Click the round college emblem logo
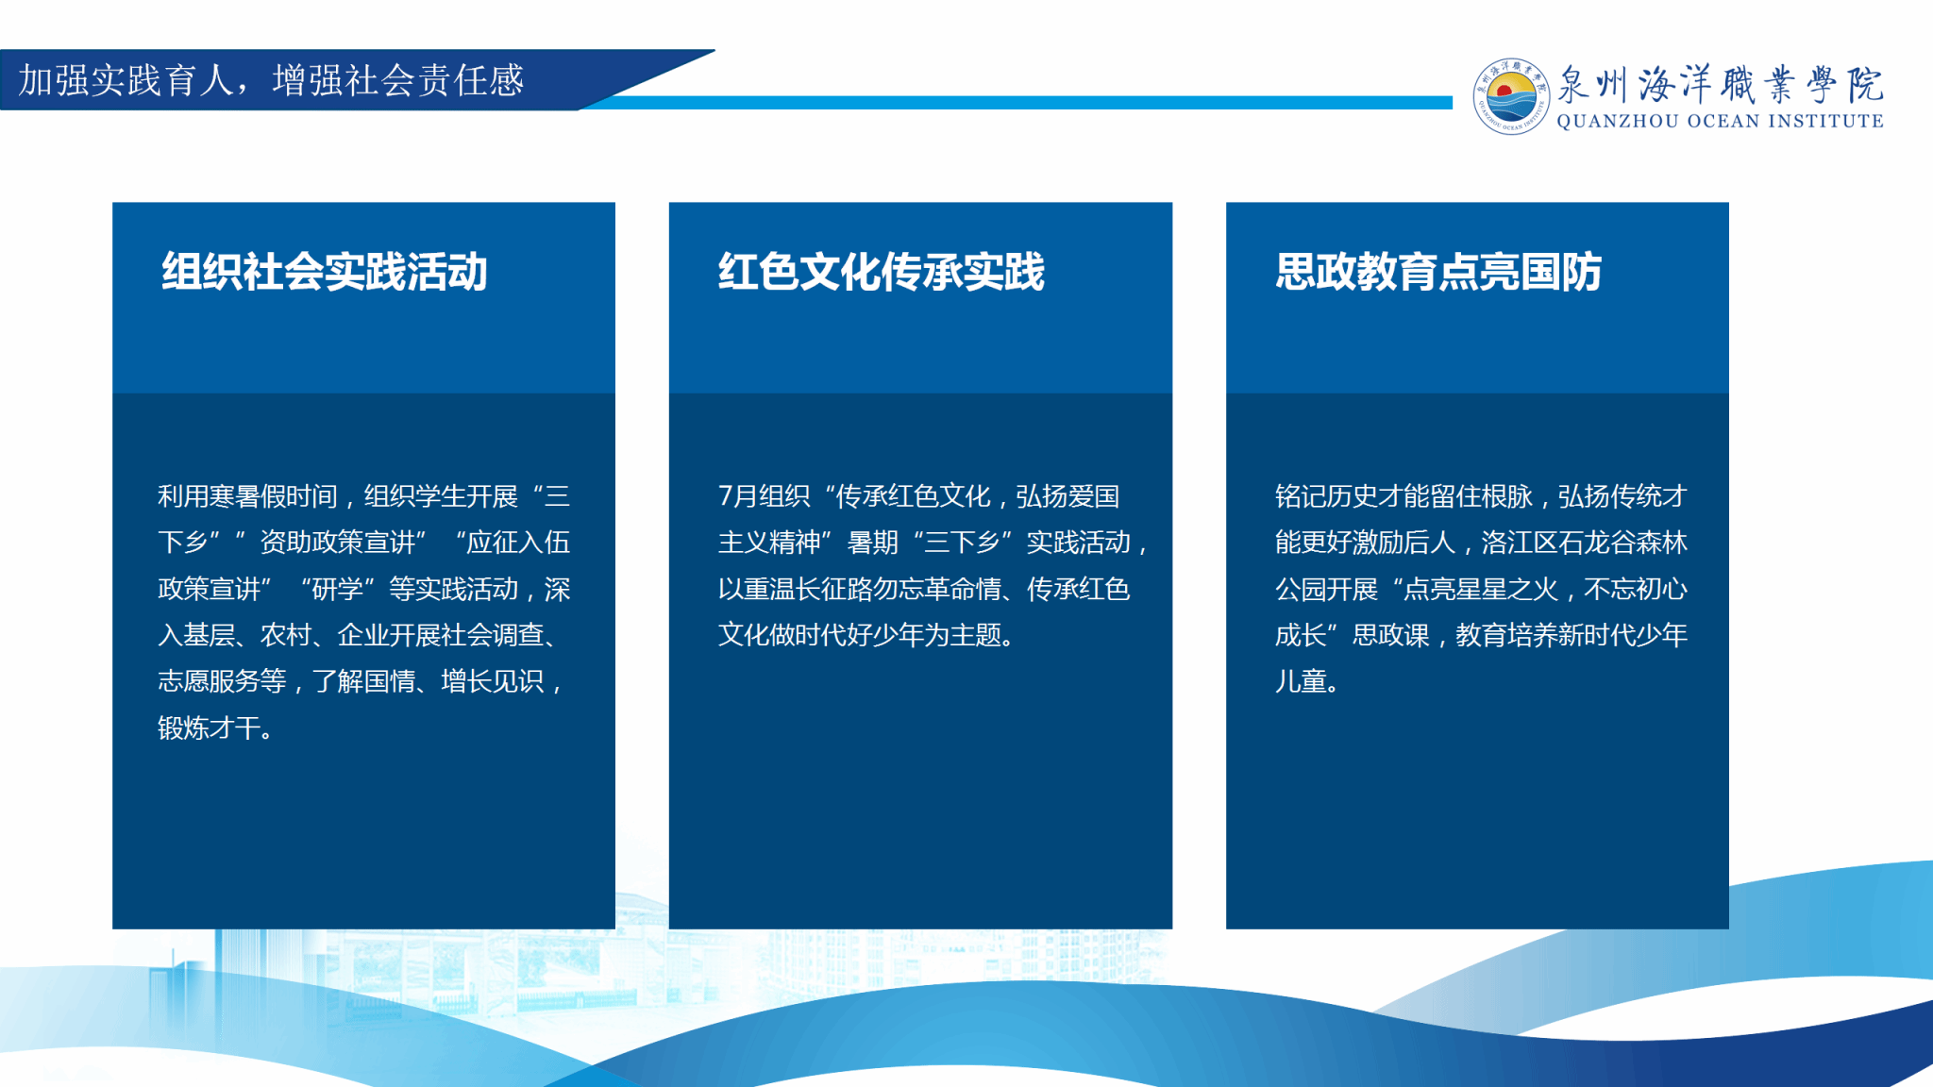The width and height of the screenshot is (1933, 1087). coord(1510,96)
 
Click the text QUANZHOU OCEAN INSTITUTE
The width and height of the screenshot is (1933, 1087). coord(1720,122)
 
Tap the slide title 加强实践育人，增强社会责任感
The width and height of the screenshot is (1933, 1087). coord(271,80)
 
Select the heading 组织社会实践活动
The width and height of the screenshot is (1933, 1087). coord(325,272)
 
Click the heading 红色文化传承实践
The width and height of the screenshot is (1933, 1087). coord(882,272)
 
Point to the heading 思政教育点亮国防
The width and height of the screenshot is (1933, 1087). coord(1438,272)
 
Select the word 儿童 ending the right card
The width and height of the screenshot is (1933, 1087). coord(1301,681)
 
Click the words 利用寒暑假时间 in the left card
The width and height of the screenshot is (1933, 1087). coord(247,496)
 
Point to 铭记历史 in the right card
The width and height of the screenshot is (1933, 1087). coord(1326,496)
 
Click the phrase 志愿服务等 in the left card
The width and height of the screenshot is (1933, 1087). coord(222,681)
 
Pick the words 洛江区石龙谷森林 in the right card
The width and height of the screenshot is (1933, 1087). coord(1585,543)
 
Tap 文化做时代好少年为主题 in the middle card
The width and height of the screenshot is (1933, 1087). coord(860,635)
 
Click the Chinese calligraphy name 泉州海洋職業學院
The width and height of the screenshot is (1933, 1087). coord(1720,84)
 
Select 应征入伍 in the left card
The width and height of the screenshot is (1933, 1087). coord(518,543)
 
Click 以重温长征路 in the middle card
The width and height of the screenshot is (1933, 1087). coord(796,589)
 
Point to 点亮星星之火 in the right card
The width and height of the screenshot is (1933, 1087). coord(1481,589)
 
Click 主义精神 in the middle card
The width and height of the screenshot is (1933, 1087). coord(769,543)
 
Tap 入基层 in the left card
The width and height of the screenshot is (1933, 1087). coord(196,635)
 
